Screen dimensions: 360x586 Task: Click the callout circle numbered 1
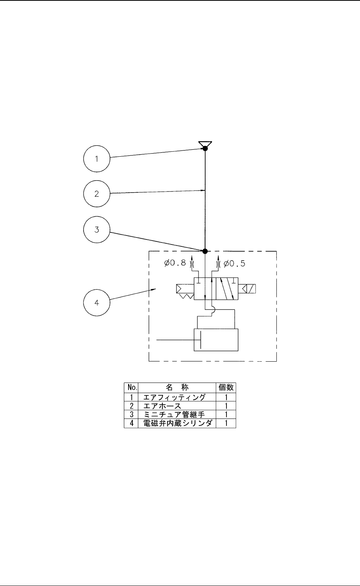[97, 159]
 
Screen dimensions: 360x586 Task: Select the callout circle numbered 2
[97, 194]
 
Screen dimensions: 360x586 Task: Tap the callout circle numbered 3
[97, 229]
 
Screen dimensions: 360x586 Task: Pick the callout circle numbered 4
[97, 302]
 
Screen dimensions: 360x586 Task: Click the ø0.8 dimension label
[175, 264]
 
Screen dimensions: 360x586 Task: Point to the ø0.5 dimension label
[235, 264]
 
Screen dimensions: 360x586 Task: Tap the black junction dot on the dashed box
[205, 251]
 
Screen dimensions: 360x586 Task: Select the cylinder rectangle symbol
[216, 340]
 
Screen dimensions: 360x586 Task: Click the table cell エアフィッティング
[174, 397]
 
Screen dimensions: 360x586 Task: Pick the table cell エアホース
[162, 406]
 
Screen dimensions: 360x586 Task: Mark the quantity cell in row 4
[226, 423]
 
